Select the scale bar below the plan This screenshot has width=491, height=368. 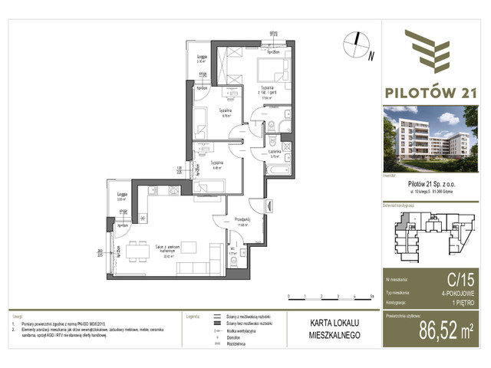(x=329, y=294)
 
